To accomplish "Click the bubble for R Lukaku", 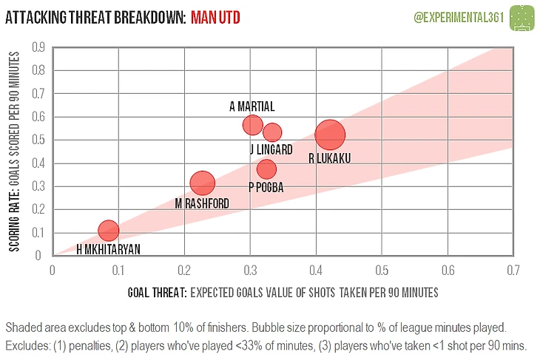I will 330,135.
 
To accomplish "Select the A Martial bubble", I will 252,125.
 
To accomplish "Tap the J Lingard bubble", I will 272,132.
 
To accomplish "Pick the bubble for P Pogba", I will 266,169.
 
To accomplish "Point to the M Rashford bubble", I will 202,183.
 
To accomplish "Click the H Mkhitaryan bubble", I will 109,231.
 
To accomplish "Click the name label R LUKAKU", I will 329,158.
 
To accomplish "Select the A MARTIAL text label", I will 252,106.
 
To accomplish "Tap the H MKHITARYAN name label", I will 108,250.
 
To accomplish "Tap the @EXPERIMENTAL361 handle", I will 457,16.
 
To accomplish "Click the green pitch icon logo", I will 524,16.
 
